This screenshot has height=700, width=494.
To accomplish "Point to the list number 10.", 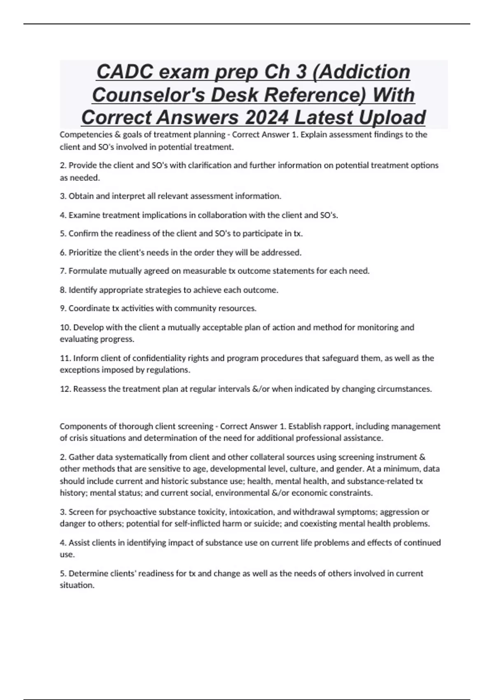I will pos(65,327).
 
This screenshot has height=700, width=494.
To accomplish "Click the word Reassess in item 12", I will pos(89,389).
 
